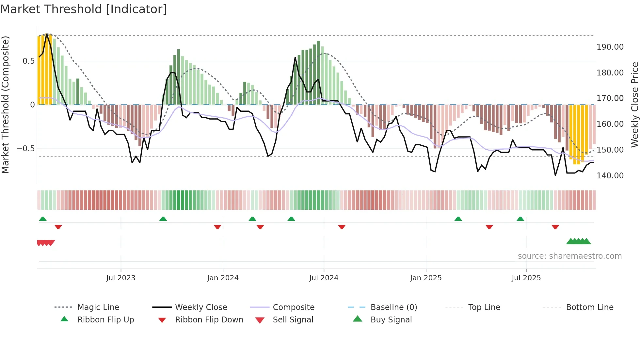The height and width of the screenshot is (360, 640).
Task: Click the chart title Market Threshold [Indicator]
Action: [84, 9]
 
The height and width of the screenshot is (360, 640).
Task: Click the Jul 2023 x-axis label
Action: [121, 278]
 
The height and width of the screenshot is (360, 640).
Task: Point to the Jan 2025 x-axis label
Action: [426, 278]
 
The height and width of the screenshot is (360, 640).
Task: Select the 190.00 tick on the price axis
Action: [610, 47]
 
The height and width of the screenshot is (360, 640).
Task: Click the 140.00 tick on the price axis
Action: [610, 176]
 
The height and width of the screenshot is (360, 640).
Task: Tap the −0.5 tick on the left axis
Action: [25, 149]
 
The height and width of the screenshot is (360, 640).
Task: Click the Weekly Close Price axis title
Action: [634, 105]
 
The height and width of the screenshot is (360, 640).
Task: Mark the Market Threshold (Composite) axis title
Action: [6, 105]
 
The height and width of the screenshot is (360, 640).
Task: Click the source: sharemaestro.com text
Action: [569, 256]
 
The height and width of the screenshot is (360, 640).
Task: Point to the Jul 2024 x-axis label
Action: [324, 278]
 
